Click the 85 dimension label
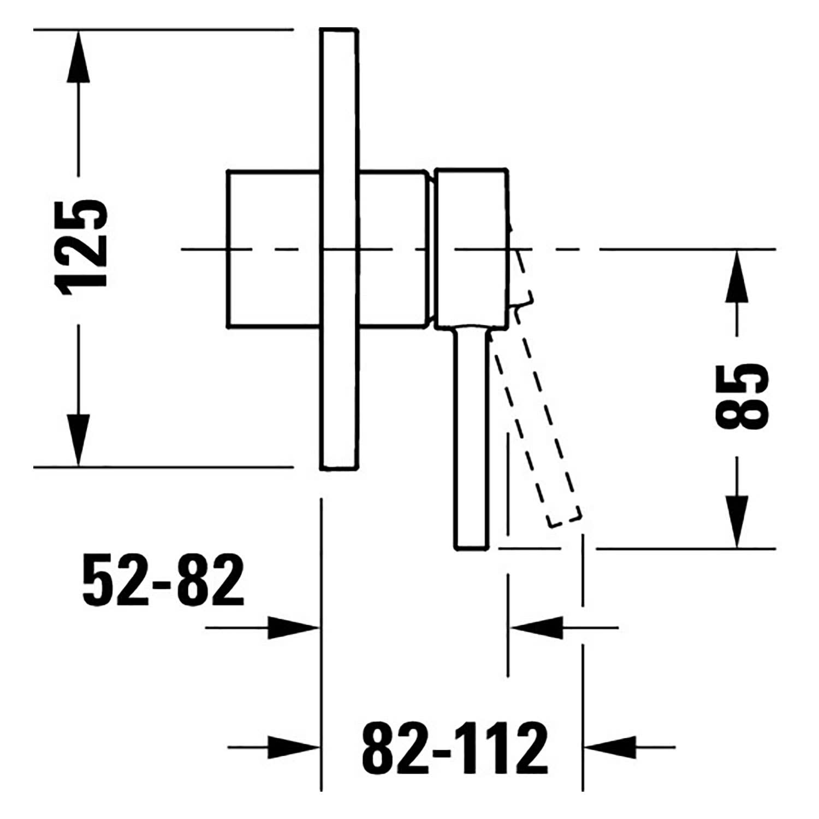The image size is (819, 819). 741,397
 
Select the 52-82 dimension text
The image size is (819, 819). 163,580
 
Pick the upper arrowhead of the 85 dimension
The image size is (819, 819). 737,276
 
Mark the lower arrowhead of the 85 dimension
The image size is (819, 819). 737,521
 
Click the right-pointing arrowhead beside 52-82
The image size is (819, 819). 293,628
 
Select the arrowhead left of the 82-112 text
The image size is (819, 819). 293,746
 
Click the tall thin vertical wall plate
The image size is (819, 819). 340,249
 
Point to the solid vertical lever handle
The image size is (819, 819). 471,437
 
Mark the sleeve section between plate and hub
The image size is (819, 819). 392,249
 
